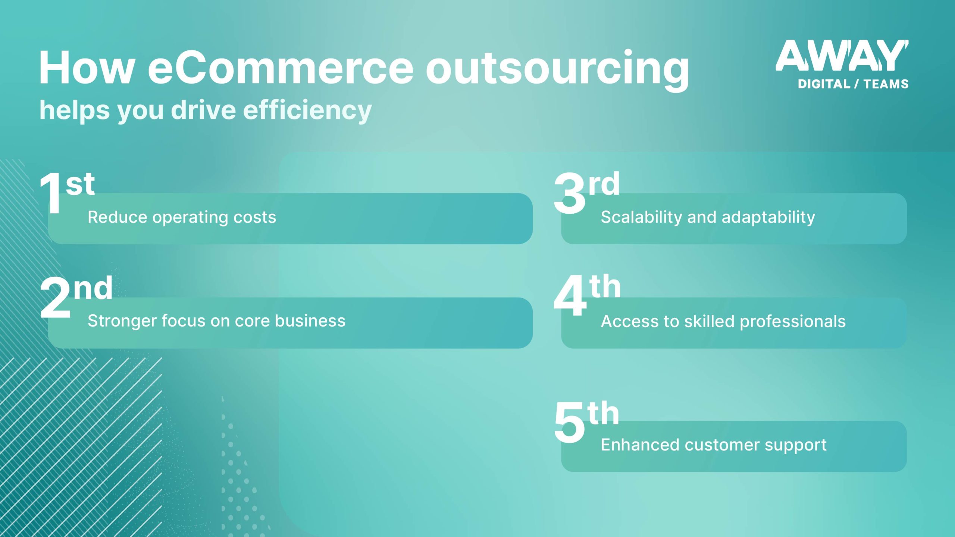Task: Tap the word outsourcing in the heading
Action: coord(557,69)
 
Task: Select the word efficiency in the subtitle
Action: coord(307,110)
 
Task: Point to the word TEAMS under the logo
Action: coord(886,84)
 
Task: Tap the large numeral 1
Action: coord(51,194)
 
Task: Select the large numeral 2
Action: coord(55,298)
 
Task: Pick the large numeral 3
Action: coord(569,194)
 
